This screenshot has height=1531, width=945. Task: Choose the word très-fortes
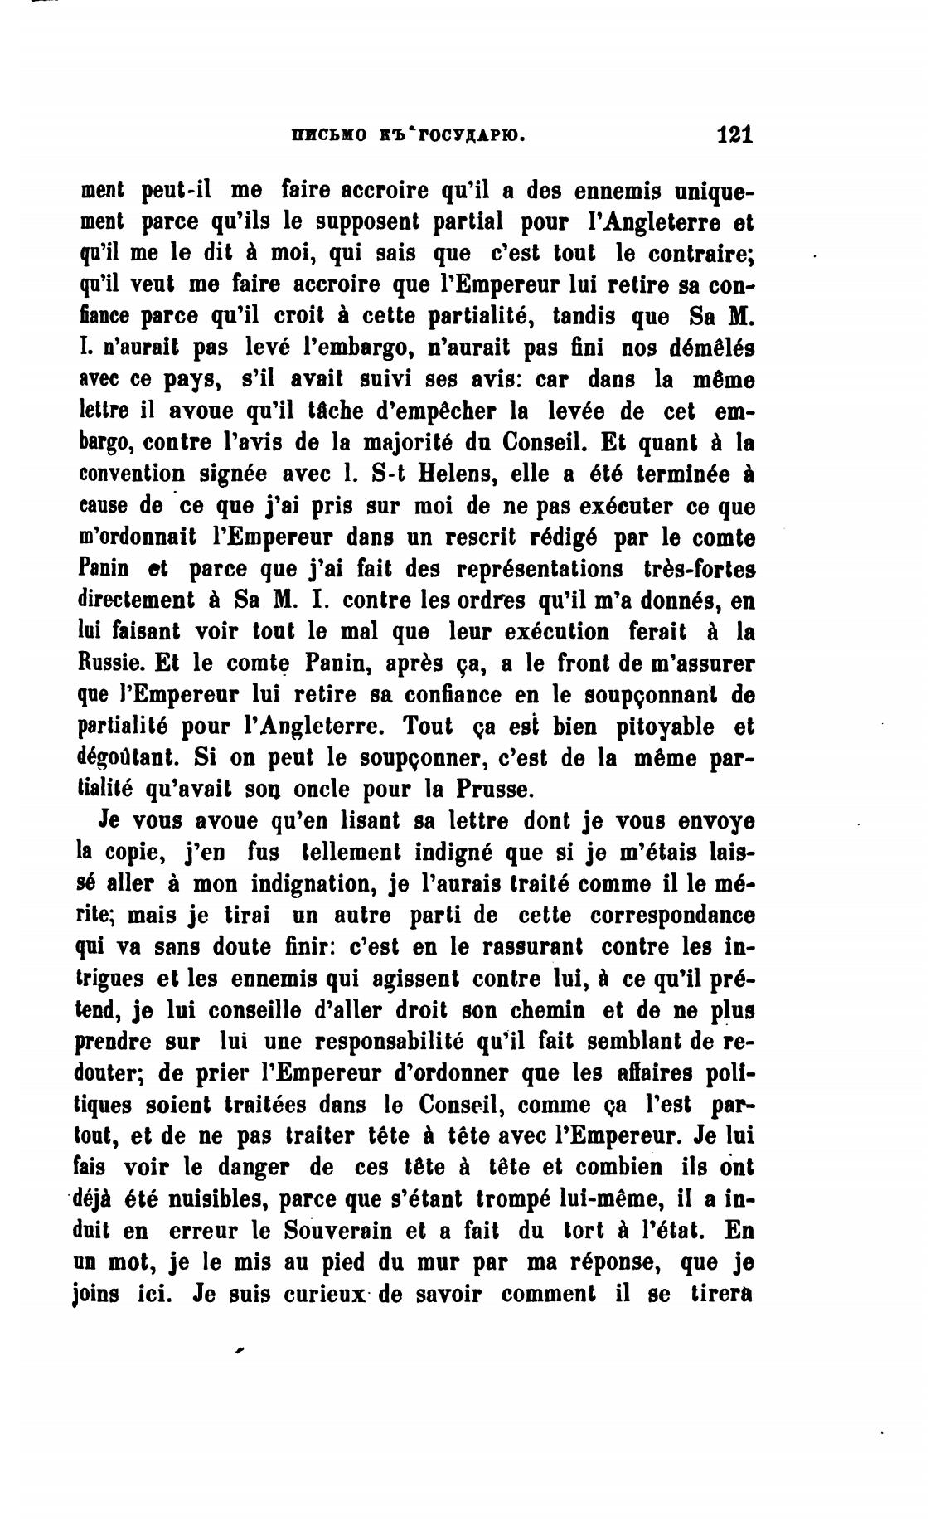tap(699, 568)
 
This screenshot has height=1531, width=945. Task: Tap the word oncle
tap(327, 788)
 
